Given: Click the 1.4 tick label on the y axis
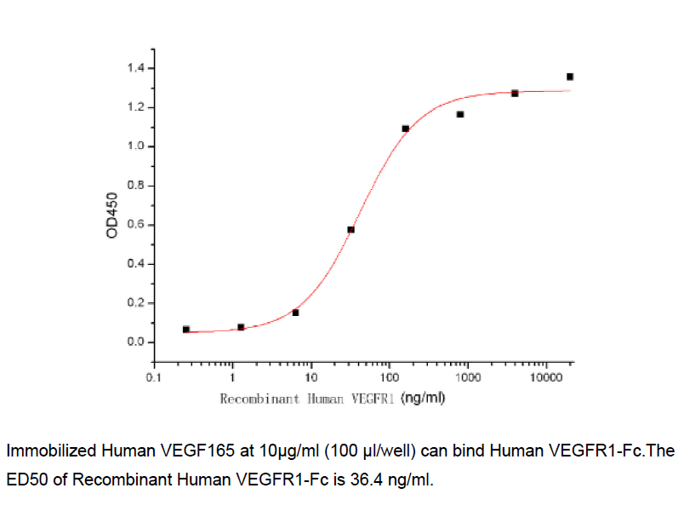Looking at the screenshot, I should point(133,68).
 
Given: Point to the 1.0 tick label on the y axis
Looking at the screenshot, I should point(133,146).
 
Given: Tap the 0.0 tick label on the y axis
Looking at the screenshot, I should point(133,342).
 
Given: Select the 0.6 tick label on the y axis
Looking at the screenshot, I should point(133,225).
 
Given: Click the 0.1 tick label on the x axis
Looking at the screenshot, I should point(154,376).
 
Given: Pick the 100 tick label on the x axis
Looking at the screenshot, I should point(389,376).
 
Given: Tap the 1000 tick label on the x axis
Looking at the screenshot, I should point(467,376).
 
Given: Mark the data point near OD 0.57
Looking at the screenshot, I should point(351,230).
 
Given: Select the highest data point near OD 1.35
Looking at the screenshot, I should point(570,77).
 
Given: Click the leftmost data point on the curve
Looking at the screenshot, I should point(186,329).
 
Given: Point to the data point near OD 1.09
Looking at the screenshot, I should point(406,129).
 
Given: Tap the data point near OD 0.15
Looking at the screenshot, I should point(295,313).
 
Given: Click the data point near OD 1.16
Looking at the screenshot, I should point(460,114).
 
